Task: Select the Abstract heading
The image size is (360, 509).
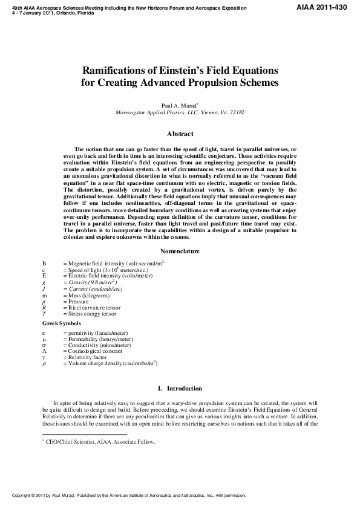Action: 180,134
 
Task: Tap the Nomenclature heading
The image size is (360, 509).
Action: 180,251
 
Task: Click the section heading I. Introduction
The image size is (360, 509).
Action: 180,388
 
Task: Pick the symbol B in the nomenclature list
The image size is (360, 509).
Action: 44,264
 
